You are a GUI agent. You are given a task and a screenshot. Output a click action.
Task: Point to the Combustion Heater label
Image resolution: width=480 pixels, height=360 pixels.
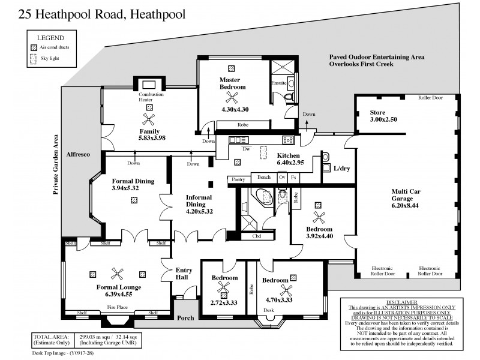coord(150,97)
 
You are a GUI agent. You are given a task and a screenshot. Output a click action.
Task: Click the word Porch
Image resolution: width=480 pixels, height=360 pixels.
coord(185,317)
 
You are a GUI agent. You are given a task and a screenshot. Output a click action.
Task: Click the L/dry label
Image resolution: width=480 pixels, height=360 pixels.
coord(342,169)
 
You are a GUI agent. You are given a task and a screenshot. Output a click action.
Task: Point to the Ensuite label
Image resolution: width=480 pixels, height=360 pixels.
coord(279,83)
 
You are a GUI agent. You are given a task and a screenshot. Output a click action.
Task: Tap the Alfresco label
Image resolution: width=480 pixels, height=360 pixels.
coord(78,155)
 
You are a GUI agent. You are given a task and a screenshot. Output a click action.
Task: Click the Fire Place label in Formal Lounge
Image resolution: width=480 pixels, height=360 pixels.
coord(118,307)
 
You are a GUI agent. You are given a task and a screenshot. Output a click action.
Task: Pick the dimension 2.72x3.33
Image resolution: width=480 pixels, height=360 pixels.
coord(224,302)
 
